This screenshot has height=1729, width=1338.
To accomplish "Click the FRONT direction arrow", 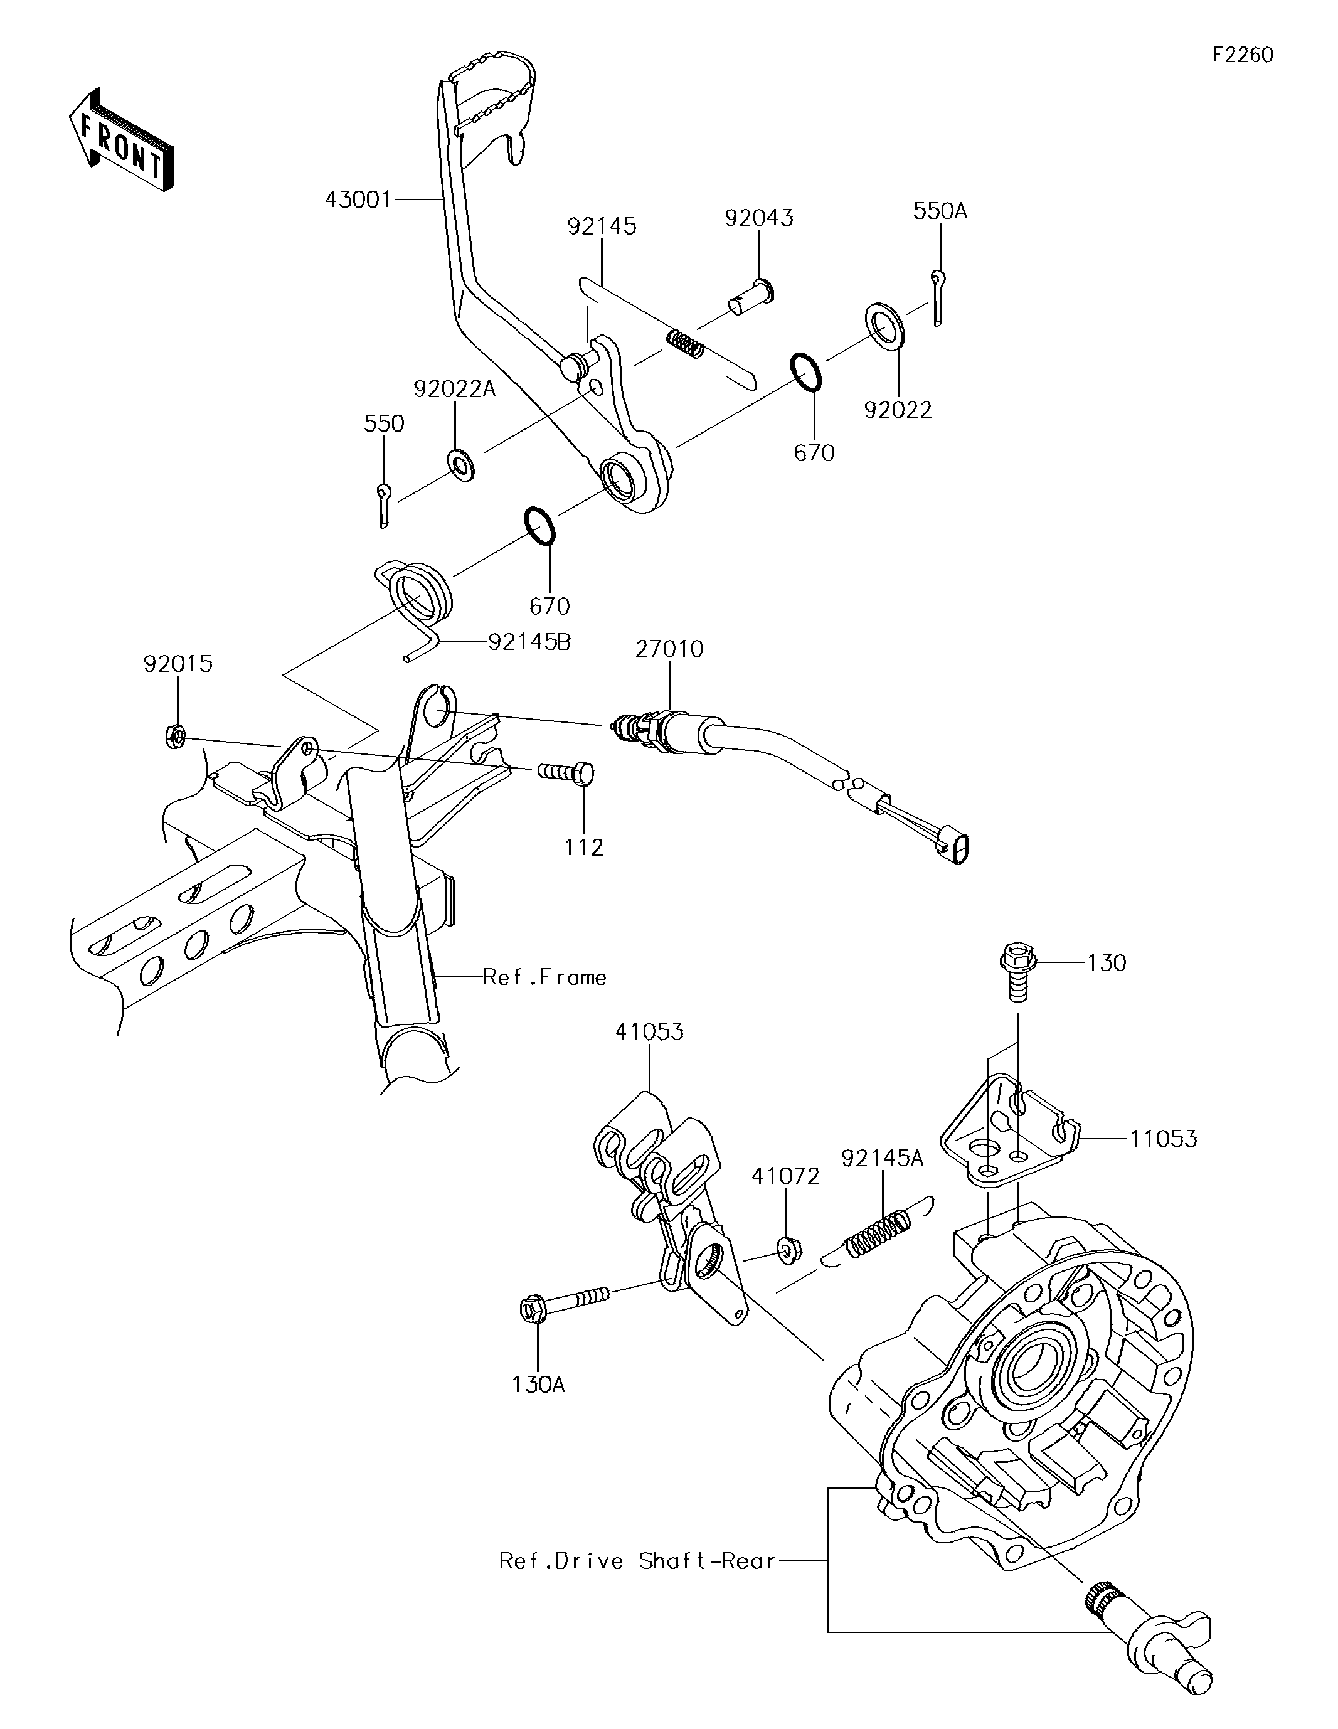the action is click(120, 139).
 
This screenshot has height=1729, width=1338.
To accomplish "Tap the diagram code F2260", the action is click(1242, 55).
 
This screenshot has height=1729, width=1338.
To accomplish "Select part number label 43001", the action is click(358, 199).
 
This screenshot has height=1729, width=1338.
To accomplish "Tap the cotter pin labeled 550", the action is click(384, 505).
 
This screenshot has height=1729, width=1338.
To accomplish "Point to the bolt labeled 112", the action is click(565, 772).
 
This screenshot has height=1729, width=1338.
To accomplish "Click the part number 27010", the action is click(669, 649).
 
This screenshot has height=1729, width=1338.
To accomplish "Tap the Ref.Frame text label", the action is click(544, 977).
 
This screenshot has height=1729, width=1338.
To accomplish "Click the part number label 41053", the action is click(649, 1031).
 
